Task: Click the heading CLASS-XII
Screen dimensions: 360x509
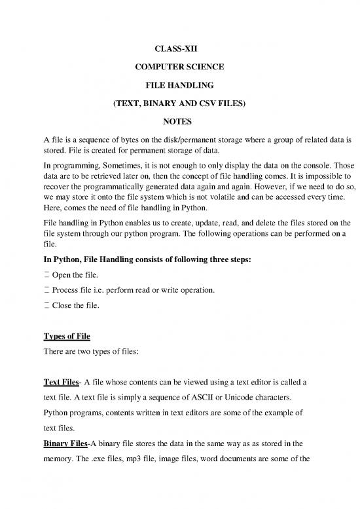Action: tap(179, 48)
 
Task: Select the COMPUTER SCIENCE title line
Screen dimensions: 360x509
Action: tap(179, 66)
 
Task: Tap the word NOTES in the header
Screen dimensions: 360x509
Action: tap(179, 121)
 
